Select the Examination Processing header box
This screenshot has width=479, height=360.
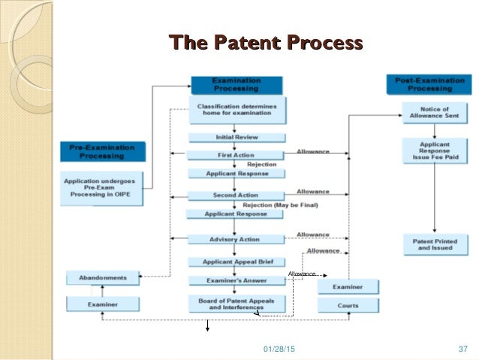tap(236, 84)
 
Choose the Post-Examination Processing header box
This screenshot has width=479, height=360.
tap(430, 84)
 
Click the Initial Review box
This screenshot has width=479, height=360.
tap(236, 138)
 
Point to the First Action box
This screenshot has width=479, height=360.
tap(236, 155)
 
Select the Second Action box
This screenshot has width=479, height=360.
tap(236, 195)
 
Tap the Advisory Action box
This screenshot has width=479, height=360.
tap(236, 239)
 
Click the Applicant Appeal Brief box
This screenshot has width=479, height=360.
tap(236, 262)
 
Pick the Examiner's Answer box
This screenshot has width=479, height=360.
tap(236, 280)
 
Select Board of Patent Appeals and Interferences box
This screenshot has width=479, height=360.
tap(236, 304)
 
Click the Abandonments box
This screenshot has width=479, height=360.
tap(103, 277)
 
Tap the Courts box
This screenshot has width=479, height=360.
tap(348, 305)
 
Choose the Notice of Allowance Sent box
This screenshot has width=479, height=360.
tap(435, 111)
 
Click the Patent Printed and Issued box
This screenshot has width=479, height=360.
tap(435, 244)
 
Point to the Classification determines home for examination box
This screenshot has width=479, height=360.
tap(236, 110)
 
